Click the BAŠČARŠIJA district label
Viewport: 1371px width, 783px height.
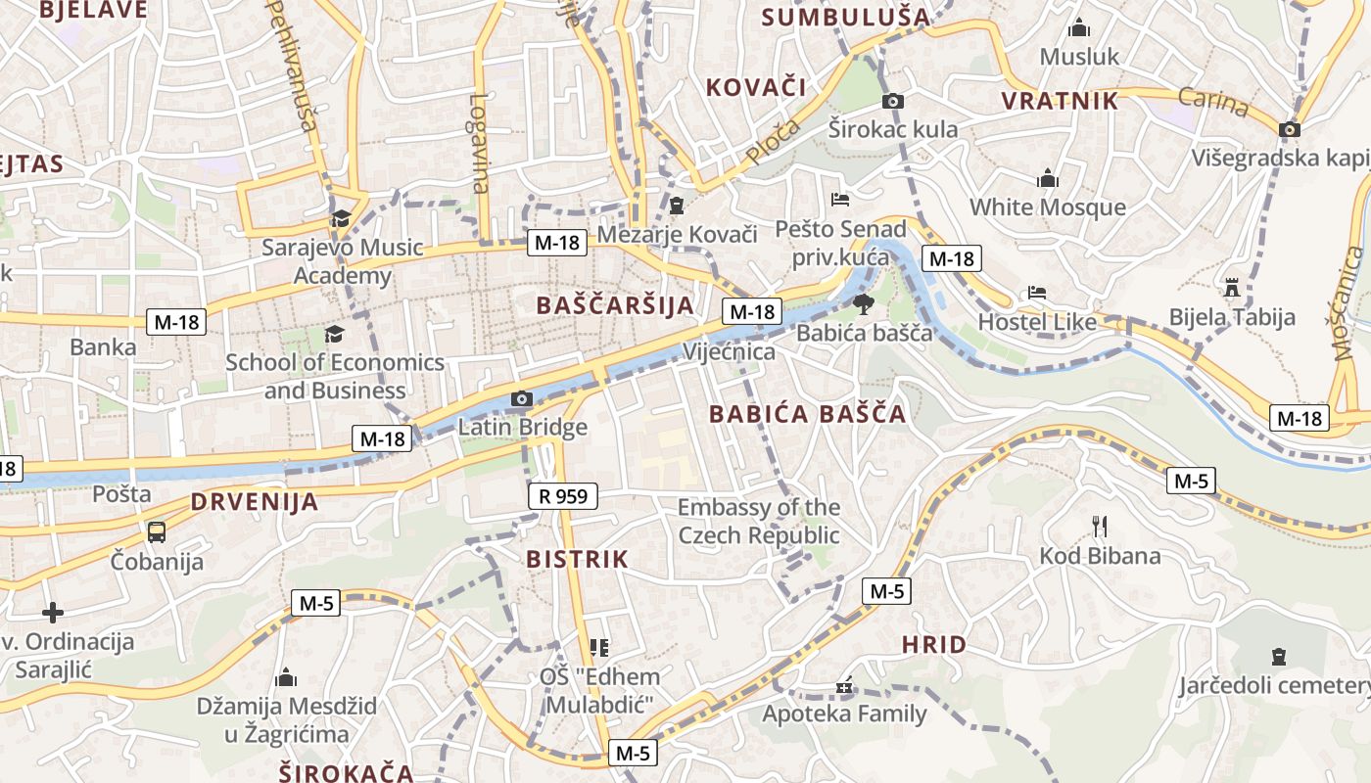point(615,305)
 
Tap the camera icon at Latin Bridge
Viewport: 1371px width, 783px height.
point(522,398)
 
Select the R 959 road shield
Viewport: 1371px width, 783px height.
point(564,496)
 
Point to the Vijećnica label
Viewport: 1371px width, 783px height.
point(729,351)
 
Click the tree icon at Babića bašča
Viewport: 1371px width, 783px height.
point(863,302)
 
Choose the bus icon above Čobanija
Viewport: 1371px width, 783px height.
point(157,531)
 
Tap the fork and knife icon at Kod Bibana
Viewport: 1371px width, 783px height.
point(1100,527)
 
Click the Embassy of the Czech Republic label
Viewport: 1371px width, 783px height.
point(759,521)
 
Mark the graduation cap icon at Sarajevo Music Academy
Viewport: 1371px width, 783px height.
point(341,218)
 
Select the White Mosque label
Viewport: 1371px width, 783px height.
point(1048,207)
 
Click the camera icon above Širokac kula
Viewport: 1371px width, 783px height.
point(892,101)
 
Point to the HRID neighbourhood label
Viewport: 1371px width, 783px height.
point(934,645)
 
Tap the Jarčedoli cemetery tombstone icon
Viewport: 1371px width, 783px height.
point(1278,656)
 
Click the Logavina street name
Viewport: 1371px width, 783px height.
point(479,143)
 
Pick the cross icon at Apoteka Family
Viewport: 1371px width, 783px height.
point(844,687)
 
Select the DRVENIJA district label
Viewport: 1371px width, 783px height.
point(255,503)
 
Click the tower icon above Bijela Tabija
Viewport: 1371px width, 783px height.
point(1232,288)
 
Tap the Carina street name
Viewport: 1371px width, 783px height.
point(1213,102)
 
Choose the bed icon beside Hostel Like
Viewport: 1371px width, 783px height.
point(1037,293)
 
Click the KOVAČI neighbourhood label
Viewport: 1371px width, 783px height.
point(756,87)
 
